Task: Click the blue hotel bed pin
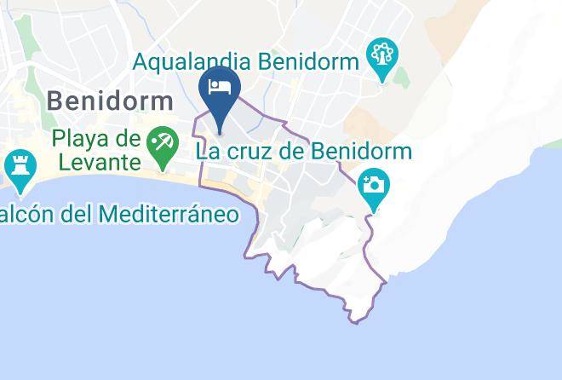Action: pyautogui.click(x=220, y=95)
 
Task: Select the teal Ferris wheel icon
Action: pyautogui.click(x=380, y=58)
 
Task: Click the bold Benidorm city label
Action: pyautogui.click(x=111, y=101)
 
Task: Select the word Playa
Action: pyautogui.click(x=82, y=137)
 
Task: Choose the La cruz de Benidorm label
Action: pyautogui.click(x=303, y=153)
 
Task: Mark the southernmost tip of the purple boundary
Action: pyautogui.click(x=356, y=321)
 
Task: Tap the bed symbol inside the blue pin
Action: pyautogui.click(x=220, y=87)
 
